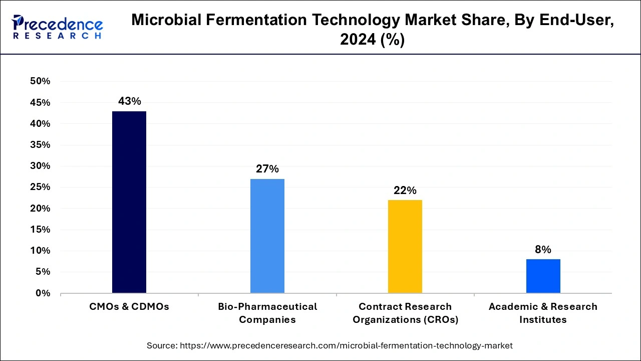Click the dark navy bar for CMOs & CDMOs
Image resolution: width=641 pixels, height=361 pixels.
click(x=129, y=202)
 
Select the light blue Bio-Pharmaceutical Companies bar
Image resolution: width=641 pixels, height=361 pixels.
click(x=267, y=236)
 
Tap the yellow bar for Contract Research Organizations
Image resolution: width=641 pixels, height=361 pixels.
click(x=405, y=246)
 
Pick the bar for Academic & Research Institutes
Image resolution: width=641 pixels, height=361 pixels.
click(x=543, y=276)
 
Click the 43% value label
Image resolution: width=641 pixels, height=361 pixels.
click(x=129, y=101)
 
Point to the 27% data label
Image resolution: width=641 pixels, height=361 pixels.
click(x=267, y=169)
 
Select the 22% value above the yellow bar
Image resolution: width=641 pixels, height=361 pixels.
click(x=405, y=191)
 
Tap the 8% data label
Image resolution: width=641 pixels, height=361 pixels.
click(x=543, y=250)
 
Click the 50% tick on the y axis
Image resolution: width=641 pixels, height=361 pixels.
click(x=41, y=81)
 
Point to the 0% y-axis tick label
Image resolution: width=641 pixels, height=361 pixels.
click(x=43, y=293)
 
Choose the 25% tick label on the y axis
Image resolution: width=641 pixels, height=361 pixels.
click(x=41, y=187)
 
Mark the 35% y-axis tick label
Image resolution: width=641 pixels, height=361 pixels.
click(x=41, y=145)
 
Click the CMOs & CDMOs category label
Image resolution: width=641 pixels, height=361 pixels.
click(x=129, y=306)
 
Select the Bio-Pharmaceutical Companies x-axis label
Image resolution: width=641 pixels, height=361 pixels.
click(x=267, y=313)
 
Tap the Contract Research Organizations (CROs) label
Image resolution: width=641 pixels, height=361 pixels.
click(x=405, y=313)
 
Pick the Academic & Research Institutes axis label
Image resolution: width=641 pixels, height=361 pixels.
click(x=543, y=313)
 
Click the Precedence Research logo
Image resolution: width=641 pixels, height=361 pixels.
click(x=58, y=27)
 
